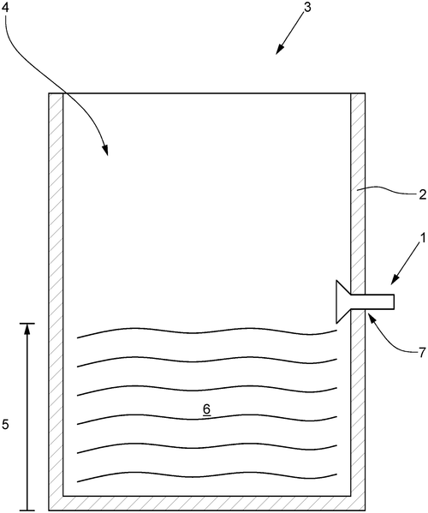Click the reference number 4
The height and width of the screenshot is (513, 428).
[5, 8]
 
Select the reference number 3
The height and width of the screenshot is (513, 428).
[307, 8]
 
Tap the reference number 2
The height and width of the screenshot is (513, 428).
[423, 195]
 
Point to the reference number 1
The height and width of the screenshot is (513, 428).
[423, 238]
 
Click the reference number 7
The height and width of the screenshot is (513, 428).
[423, 353]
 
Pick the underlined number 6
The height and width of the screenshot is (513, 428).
[206, 409]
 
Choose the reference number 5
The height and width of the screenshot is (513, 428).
[5, 425]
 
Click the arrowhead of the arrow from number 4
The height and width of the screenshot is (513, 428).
[105, 150]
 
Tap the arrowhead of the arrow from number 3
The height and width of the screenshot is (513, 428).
[279, 49]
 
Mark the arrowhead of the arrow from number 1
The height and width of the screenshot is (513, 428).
[395, 279]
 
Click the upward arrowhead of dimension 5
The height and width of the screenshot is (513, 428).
[27, 329]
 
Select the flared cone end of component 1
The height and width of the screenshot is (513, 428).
[343, 301]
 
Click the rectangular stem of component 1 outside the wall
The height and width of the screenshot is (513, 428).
[379, 301]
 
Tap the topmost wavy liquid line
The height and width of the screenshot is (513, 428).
[207, 331]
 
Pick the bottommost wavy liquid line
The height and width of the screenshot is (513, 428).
[207, 476]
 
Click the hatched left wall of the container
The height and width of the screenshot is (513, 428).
[56, 295]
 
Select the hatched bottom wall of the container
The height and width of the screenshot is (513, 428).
[206, 504]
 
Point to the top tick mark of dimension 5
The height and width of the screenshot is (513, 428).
[27, 324]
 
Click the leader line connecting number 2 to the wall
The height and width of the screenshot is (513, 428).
[388, 190]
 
